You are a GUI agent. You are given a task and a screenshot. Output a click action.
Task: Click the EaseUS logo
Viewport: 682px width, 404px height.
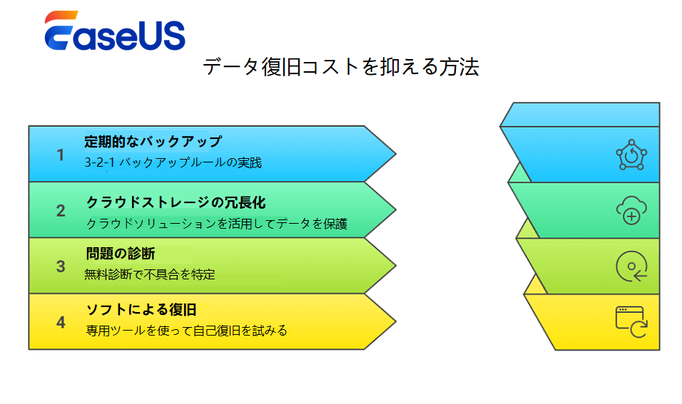[x=115, y=31]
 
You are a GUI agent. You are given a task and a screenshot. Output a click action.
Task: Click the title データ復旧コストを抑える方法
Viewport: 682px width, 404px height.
[x=341, y=67]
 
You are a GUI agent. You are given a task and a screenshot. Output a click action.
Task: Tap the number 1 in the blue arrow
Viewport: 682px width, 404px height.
[x=61, y=155]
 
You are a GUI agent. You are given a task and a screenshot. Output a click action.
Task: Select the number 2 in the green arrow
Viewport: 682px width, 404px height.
[x=61, y=211]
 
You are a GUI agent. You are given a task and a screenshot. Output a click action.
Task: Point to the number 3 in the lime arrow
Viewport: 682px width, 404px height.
[x=61, y=266]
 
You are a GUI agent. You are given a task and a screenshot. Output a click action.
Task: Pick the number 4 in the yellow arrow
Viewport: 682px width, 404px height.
[x=61, y=322]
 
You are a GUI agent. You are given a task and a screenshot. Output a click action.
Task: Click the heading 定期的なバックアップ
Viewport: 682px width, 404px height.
[x=153, y=141]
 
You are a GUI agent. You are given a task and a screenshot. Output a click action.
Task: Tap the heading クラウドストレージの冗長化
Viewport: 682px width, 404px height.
[x=175, y=202]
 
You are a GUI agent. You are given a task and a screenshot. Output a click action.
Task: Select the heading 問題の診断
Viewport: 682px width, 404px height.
[x=121, y=254]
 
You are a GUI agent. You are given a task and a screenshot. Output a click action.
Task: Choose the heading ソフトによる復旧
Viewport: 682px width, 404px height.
[x=141, y=310]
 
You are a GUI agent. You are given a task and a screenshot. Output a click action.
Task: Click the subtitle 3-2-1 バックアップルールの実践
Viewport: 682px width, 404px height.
[x=173, y=162]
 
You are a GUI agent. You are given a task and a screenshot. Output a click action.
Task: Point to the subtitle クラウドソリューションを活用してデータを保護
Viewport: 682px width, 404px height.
[x=217, y=224]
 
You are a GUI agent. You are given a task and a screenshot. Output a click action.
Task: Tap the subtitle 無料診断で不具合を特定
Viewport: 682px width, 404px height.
[x=150, y=274]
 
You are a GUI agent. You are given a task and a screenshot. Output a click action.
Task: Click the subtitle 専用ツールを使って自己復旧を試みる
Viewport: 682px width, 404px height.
[x=187, y=331]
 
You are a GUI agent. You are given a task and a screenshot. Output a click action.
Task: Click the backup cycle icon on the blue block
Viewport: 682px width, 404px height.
[x=631, y=155]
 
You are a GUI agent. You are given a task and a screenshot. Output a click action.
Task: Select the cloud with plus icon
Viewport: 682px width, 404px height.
[x=631, y=211]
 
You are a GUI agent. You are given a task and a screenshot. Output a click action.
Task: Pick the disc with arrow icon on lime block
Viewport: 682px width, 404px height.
[x=631, y=266]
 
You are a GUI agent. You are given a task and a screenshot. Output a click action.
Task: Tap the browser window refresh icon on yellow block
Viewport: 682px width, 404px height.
[x=631, y=322]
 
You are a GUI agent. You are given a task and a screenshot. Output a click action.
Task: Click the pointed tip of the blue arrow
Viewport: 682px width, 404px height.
[x=396, y=154]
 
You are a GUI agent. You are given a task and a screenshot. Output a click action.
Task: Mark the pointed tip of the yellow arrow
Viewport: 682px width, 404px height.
[x=396, y=322]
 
